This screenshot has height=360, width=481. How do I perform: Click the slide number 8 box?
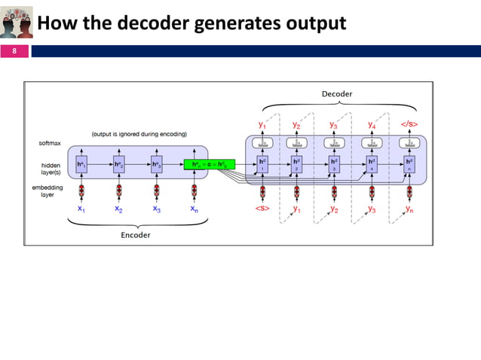tap(14, 52)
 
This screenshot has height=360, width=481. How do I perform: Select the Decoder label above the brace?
tap(336, 93)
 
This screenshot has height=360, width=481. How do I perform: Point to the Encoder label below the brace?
tap(136, 235)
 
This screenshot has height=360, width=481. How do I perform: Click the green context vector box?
tap(210, 164)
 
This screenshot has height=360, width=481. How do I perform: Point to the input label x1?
tap(81, 209)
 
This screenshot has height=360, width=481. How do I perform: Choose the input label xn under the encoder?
tap(195, 209)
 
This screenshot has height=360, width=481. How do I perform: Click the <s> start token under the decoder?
tap(262, 209)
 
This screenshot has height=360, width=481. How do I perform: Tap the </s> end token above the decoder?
tap(409, 124)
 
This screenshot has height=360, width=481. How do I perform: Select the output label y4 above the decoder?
tap(372, 124)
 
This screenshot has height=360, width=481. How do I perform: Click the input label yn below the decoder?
tap(409, 209)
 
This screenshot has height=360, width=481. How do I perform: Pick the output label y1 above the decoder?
tap(262, 124)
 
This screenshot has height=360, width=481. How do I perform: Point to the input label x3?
tap(157, 209)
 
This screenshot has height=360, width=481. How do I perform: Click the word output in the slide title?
tap(314, 24)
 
